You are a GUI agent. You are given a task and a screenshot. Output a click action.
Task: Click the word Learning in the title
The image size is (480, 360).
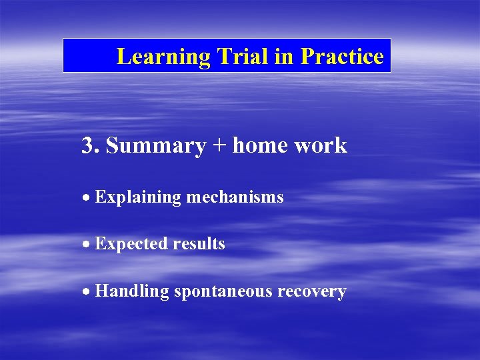(163, 57)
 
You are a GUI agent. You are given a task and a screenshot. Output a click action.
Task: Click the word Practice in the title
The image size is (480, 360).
(342, 57)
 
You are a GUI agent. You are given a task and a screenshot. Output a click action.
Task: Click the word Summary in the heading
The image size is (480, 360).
(155, 146)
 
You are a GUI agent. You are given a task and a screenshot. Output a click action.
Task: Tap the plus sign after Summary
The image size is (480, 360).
(219, 146)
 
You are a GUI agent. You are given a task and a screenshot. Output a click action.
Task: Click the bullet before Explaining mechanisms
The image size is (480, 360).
(87, 197)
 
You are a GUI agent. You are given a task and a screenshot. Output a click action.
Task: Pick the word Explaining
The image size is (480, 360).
(138, 198)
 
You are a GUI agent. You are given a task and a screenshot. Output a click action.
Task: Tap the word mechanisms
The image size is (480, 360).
(235, 197)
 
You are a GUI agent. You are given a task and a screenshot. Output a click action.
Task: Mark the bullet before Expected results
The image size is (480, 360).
(87, 244)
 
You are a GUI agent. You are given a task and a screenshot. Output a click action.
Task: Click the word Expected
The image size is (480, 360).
(131, 245)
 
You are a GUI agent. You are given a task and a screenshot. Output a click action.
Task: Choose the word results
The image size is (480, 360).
(199, 244)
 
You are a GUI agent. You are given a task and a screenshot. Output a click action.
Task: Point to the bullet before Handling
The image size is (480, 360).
(87, 291)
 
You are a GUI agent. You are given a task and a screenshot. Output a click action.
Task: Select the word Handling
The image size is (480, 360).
(132, 292)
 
